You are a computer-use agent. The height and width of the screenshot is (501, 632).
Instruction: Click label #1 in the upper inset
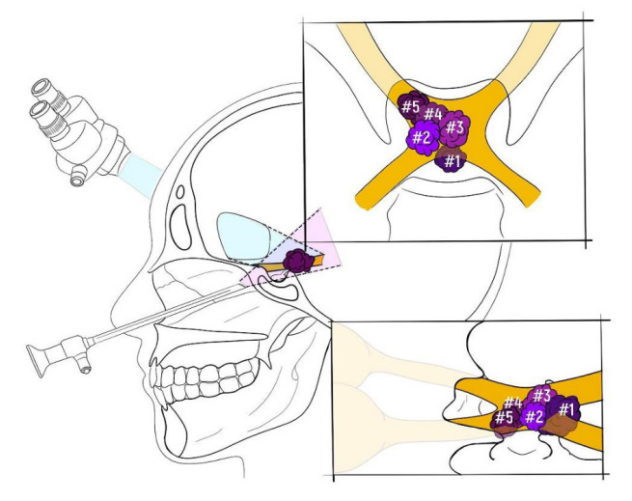pos(453,161)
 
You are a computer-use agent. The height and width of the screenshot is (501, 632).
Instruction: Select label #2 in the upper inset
pos(421,138)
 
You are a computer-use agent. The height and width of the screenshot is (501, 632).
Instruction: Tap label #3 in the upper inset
pos(455,126)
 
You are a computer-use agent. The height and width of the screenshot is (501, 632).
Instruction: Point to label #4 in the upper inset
pos(432,116)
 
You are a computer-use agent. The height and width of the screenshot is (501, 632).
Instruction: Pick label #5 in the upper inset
pos(410,104)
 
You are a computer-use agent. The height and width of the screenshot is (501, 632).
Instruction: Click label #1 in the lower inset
pos(565,410)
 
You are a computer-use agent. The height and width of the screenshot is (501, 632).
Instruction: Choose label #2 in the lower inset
pos(534,416)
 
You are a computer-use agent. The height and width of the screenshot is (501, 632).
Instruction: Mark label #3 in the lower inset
pos(541,394)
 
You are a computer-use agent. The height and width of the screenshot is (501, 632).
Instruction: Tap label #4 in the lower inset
pos(512,403)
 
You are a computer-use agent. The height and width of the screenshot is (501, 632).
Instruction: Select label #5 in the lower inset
pos(503,418)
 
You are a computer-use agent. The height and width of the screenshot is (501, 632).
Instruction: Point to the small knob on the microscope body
pos(74,175)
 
